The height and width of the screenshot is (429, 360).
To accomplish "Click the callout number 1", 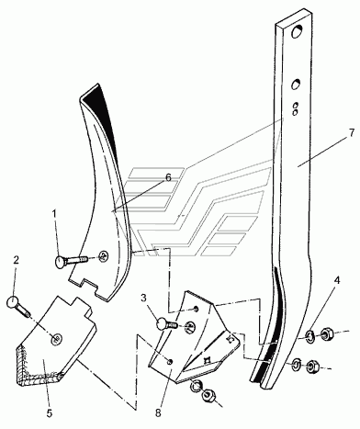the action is [x=54, y=214].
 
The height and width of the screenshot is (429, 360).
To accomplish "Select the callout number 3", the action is [x=143, y=298].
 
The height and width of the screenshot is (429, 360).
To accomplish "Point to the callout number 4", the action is [x=337, y=280].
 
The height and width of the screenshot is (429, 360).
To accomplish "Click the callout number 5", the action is [x=50, y=413].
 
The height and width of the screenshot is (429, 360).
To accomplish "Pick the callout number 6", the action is [x=168, y=177].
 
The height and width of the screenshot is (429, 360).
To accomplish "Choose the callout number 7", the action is [x=352, y=133].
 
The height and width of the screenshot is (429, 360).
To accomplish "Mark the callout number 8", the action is [x=158, y=413].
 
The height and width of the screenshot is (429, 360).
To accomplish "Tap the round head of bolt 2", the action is [x=12, y=301].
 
